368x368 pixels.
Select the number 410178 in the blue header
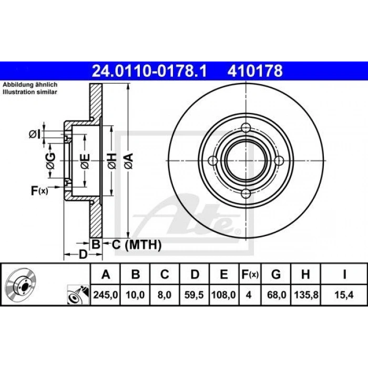(x=254, y=70)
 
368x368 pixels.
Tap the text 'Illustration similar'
(x=30, y=92)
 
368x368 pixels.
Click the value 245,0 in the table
(x=106, y=295)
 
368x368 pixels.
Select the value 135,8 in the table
(x=305, y=295)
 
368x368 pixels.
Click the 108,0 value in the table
(x=223, y=295)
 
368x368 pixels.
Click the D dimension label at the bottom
(x=82, y=255)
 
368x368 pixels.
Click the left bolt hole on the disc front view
(x=213, y=160)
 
